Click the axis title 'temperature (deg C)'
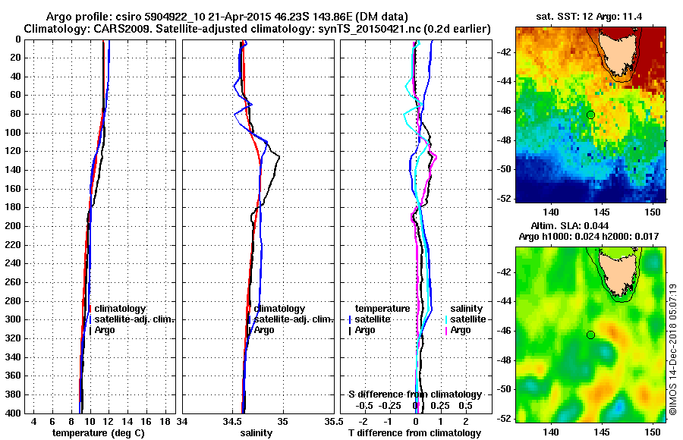98,433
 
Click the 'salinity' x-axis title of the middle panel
257,433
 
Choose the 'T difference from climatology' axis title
416,433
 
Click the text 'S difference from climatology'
414,394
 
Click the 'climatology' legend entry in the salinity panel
279,309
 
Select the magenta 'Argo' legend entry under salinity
461,330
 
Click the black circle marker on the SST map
590,115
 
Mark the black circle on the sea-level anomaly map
590,335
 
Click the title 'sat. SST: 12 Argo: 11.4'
590,17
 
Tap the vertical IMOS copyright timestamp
673,350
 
